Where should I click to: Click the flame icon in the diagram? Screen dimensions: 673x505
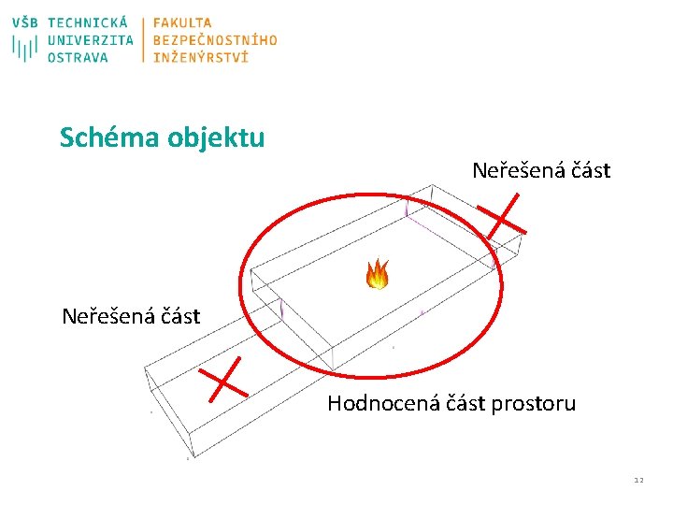point(377,274)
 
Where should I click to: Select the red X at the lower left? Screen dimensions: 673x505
point(222,379)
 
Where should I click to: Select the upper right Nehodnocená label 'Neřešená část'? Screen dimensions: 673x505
point(541,171)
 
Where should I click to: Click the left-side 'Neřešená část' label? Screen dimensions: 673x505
point(131,316)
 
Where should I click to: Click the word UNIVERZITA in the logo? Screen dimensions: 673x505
point(90,40)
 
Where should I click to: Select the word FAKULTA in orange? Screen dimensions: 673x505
point(182,22)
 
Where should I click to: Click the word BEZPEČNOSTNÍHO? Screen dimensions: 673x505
point(215,40)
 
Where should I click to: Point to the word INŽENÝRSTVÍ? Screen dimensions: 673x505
point(201,57)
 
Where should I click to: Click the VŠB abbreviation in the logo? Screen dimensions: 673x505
point(26,22)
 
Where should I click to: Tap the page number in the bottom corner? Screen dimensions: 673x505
point(638,481)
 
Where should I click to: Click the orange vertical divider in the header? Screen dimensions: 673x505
point(144,39)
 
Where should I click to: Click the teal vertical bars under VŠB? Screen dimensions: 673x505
point(25,47)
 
